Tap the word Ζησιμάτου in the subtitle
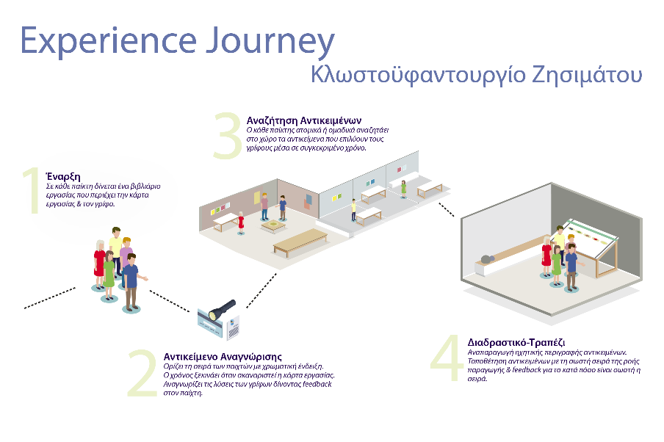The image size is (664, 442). coord(587,75)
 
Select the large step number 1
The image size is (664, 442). coord(31,190)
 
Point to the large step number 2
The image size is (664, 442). coord(142,373)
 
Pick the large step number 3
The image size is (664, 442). coord(228,135)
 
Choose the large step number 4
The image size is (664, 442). coord(447,358)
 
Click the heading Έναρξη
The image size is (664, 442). coord(63,176)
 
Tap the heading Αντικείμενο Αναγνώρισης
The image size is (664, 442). coord(223,357)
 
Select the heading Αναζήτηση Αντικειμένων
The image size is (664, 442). coord(304,120)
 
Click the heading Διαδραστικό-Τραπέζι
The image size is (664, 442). coord(516,342)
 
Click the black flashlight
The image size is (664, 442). coord(222,311)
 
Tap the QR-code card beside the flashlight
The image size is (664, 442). coord(234,327)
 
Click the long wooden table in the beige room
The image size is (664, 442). coord(300,242)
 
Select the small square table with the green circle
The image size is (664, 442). coord(273,225)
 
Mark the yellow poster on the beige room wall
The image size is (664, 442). coord(257,198)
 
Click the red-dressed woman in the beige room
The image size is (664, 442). coord(241,222)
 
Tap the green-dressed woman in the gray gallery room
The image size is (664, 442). coord(403,189)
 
